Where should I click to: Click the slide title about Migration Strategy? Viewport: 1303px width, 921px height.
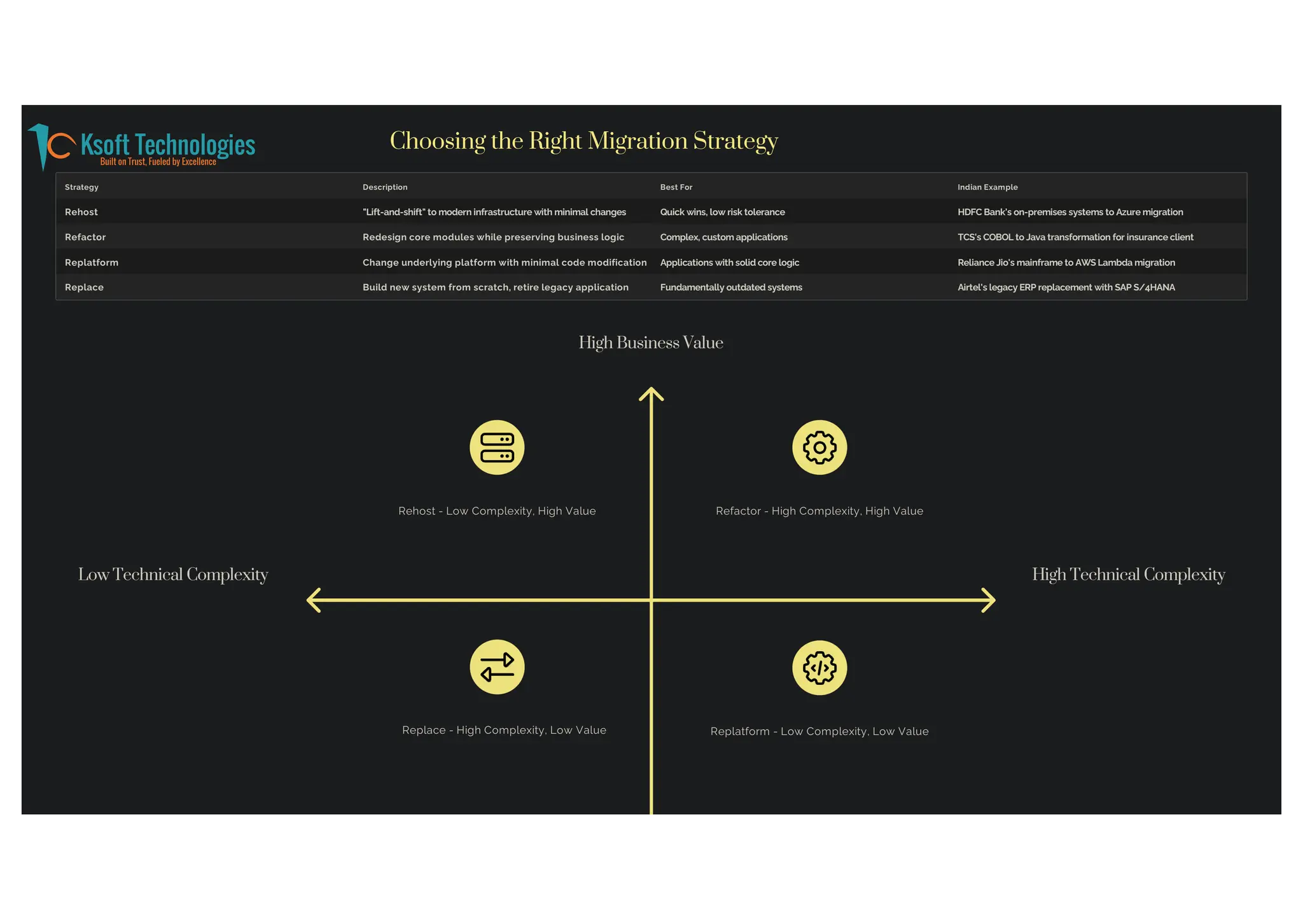pyautogui.click(x=583, y=141)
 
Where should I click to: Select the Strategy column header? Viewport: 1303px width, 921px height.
pyautogui.click(x=81, y=187)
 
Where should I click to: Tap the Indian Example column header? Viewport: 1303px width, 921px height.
pyautogui.click(x=987, y=187)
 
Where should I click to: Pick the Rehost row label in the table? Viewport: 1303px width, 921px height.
pyautogui.click(x=81, y=212)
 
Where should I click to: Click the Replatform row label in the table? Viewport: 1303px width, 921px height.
pyautogui.click(x=92, y=262)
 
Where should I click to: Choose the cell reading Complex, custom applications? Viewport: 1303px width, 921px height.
pyautogui.click(x=723, y=237)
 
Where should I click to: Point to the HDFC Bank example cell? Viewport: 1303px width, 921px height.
pyautogui.click(x=1070, y=212)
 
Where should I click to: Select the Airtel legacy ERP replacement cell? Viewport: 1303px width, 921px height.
pyautogui.click(x=1066, y=288)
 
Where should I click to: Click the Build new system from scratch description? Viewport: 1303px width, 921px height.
pyautogui.click(x=495, y=288)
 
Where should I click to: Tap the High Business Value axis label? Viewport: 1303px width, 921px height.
pyautogui.click(x=650, y=343)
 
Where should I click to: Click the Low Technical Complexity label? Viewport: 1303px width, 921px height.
pyautogui.click(x=173, y=575)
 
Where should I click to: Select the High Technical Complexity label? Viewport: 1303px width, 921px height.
pyautogui.click(x=1128, y=575)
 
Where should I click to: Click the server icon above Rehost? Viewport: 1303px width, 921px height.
pyautogui.click(x=497, y=447)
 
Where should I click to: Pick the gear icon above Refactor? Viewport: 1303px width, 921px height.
pyautogui.click(x=819, y=447)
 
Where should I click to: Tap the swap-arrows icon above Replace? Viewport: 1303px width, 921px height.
pyautogui.click(x=497, y=667)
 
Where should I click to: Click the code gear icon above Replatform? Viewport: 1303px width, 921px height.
pyautogui.click(x=819, y=668)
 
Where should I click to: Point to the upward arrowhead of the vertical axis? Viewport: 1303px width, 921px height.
pyautogui.click(x=651, y=392)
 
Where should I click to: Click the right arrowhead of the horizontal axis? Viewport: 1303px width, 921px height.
pyautogui.click(x=989, y=600)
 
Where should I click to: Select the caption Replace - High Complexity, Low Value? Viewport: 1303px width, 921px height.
pyautogui.click(x=504, y=730)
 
